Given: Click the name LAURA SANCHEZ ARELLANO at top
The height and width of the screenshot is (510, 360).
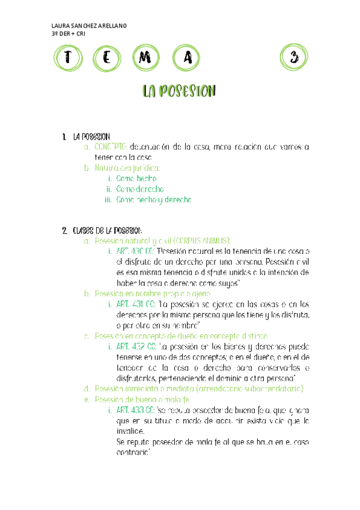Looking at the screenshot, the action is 90,26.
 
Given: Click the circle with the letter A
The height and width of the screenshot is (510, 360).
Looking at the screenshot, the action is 188,58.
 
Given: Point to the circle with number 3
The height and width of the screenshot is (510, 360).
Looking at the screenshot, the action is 293,58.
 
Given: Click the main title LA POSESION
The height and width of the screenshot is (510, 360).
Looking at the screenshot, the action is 178,91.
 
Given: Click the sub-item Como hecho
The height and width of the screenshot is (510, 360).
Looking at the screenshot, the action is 136,179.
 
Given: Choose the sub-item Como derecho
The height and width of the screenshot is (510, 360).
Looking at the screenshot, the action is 140,189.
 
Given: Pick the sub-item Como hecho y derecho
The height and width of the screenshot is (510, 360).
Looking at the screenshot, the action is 154,199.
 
